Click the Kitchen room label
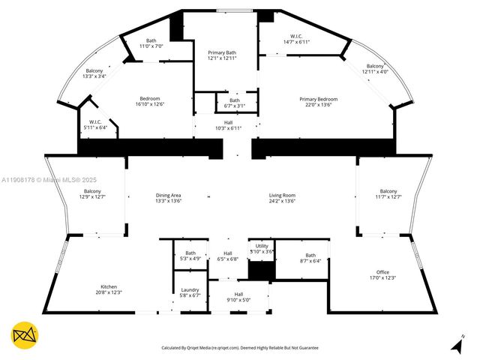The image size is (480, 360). click(x=109, y=289)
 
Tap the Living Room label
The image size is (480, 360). click(x=283, y=198)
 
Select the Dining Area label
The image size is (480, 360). click(x=168, y=198)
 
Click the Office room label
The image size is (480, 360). click(x=382, y=274)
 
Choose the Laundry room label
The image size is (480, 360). click(x=189, y=292)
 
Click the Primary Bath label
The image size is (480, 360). click(x=221, y=55)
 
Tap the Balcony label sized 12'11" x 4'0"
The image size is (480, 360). click(x=375, y=69)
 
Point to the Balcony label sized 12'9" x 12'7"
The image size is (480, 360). click(x=93, y=193)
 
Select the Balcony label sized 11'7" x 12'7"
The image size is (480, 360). click(x=388, y=193)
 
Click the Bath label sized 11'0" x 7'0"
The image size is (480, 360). click(x=151, y=43)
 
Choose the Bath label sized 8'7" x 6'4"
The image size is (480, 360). click(x=310, y=257)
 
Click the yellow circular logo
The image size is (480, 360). click(x=25, y=335)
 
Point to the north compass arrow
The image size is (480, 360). click(x=456, y=344)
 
